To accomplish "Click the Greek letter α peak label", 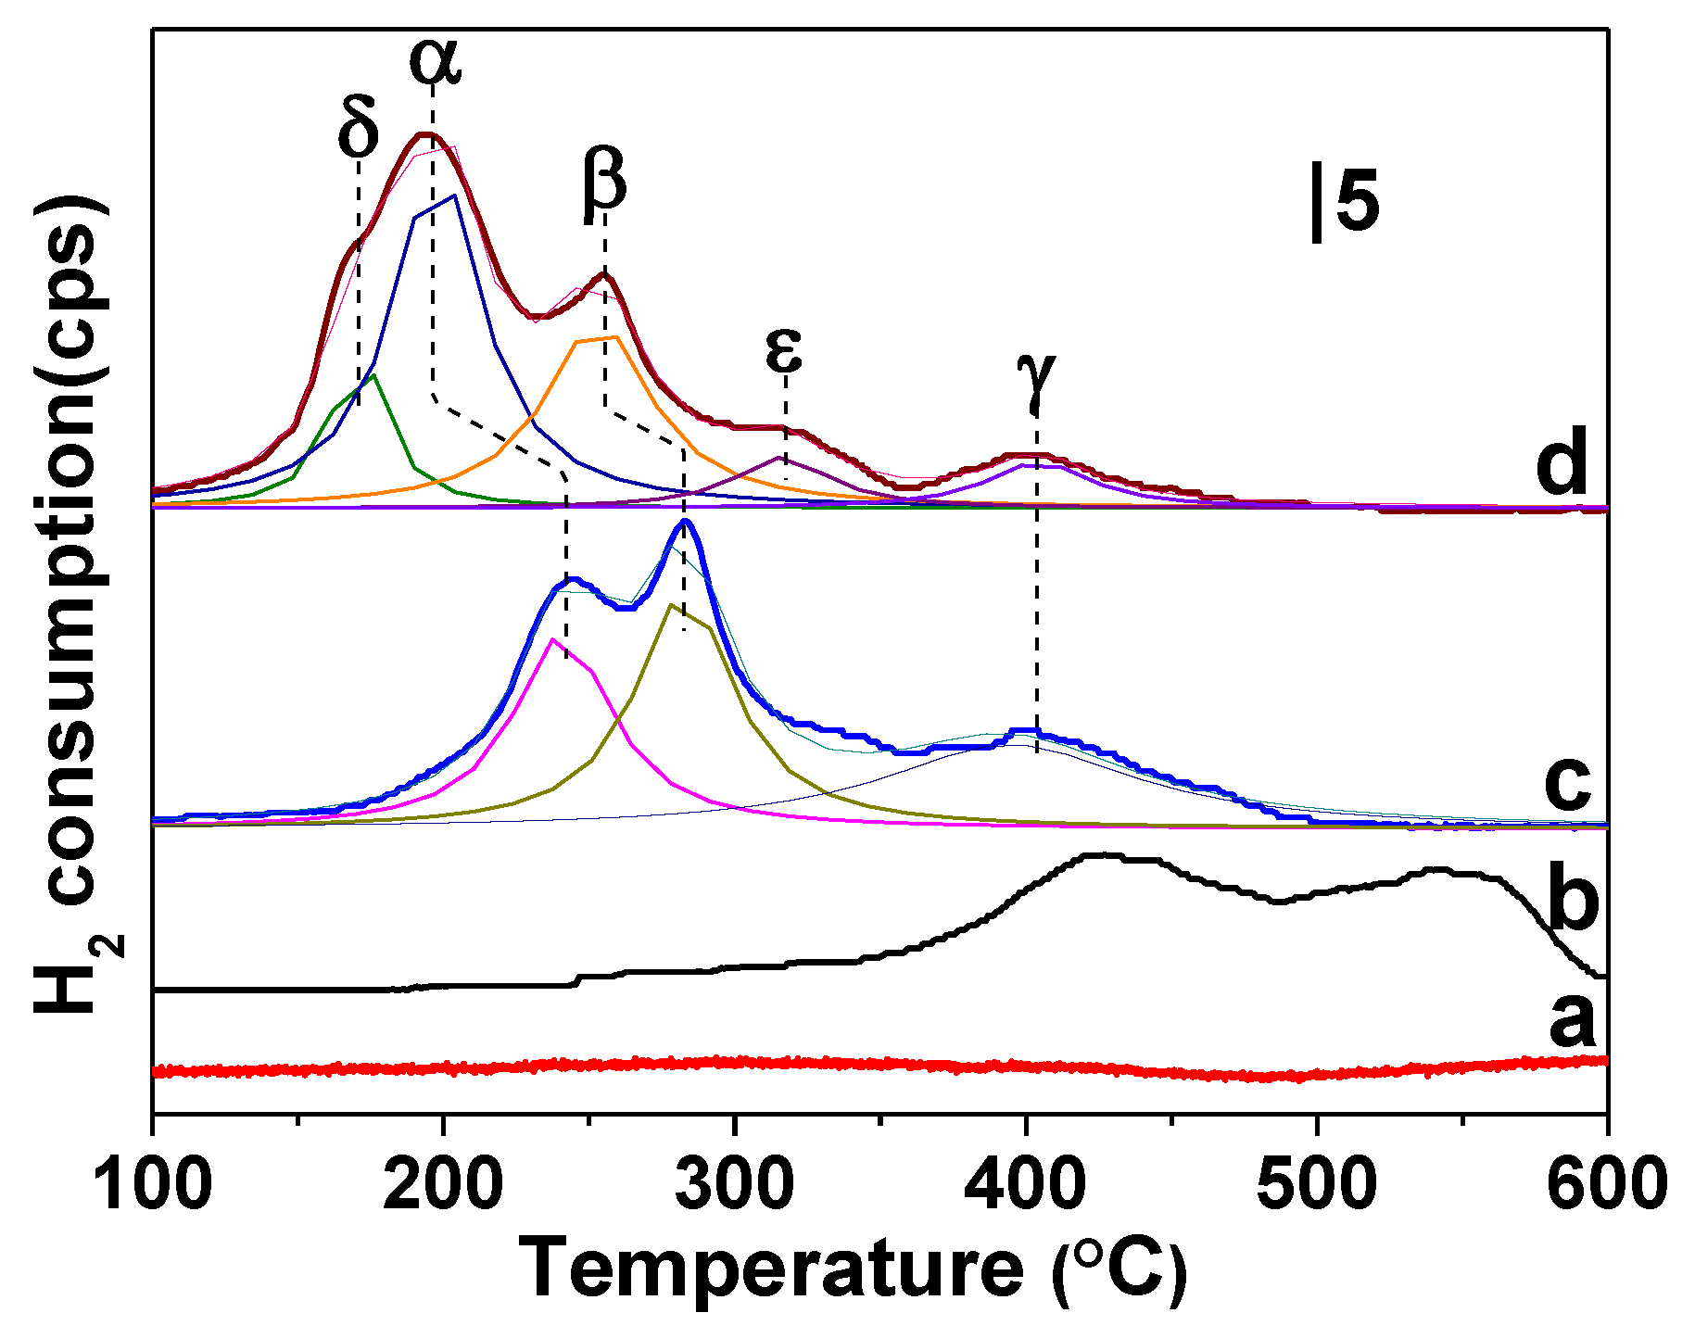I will tap(435, 61).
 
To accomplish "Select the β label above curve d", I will tap(604, 181).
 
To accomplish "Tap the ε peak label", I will tap(784, 349).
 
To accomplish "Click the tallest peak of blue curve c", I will tap(685, 521).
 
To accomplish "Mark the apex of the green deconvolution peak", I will tap(373, 375).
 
